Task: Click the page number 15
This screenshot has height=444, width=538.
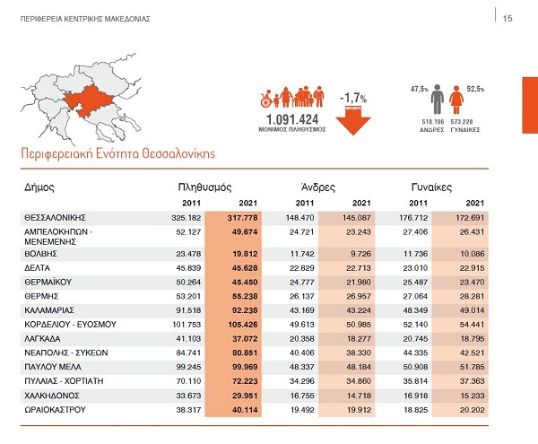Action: coord(508,19)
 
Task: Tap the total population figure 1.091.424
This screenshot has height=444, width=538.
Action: coord(292,119)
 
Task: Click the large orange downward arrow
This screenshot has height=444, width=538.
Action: coord(353,120)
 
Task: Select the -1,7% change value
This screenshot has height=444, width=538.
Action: coord(353,99)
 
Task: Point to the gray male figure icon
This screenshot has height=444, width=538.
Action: coord(438,100)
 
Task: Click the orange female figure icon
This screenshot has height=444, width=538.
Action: coord(456,100)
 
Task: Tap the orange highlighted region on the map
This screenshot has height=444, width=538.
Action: coord(89,101)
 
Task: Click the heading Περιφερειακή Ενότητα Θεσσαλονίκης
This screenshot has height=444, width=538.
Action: coord(118,153)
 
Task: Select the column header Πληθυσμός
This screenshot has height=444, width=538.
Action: coord(204,187)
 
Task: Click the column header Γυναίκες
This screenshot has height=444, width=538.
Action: coord(431,187)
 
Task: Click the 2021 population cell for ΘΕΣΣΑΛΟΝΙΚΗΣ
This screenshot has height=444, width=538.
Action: coord(242,218)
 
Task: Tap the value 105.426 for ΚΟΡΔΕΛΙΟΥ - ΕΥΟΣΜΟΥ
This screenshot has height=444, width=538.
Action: coord(243,325)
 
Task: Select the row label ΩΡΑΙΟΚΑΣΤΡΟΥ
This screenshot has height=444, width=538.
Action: coord(55,410)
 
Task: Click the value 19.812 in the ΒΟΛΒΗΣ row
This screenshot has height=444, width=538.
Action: coord(245,254)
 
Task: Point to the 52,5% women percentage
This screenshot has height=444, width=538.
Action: coord(475,89)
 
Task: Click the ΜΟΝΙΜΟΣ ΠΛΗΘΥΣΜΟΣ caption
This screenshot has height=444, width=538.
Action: coord(292,130)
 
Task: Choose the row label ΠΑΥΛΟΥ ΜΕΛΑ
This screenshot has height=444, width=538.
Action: coord(53,367)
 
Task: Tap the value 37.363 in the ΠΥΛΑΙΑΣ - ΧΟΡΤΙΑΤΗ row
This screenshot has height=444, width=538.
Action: coord(473,381)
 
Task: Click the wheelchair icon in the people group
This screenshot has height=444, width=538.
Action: coord(266,99)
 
